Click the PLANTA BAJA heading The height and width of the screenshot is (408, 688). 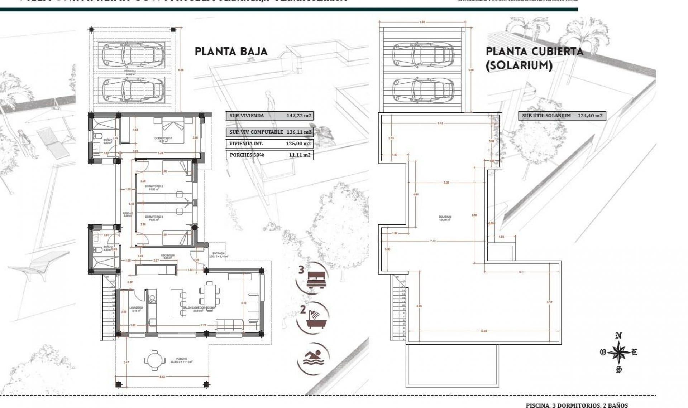click(231, 52)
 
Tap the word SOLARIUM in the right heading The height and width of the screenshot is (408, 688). click(519, 66)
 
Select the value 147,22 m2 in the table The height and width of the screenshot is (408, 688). click(298, 116)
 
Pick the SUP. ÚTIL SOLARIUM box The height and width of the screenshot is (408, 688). click(562, 116)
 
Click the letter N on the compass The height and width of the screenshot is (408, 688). click(618, 335)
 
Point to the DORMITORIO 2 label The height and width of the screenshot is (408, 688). click(154, 186)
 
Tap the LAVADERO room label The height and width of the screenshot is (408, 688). click(136, 307)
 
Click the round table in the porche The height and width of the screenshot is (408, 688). click(154, 360)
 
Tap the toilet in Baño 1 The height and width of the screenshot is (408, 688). click(97, 136)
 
